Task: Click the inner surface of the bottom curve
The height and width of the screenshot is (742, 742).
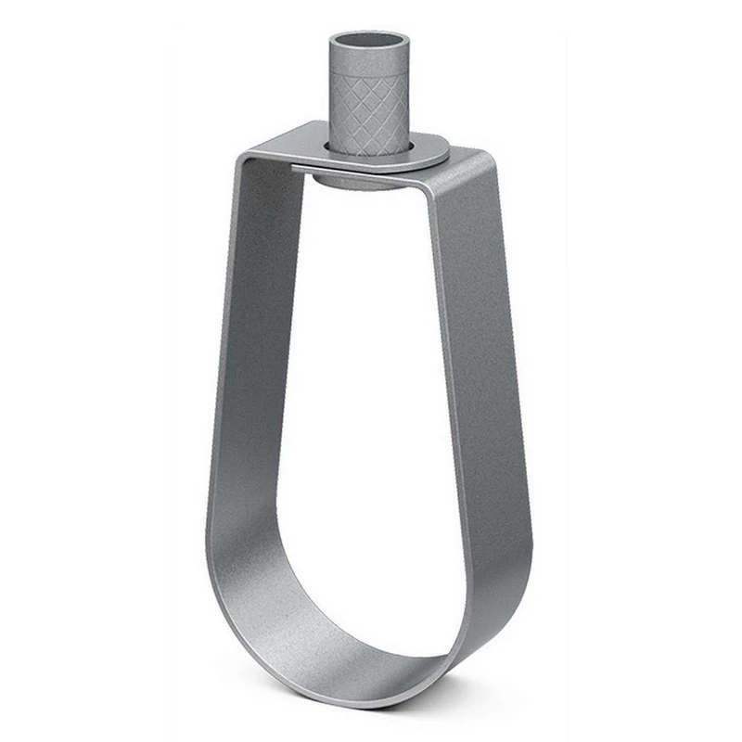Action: [352, 612]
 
